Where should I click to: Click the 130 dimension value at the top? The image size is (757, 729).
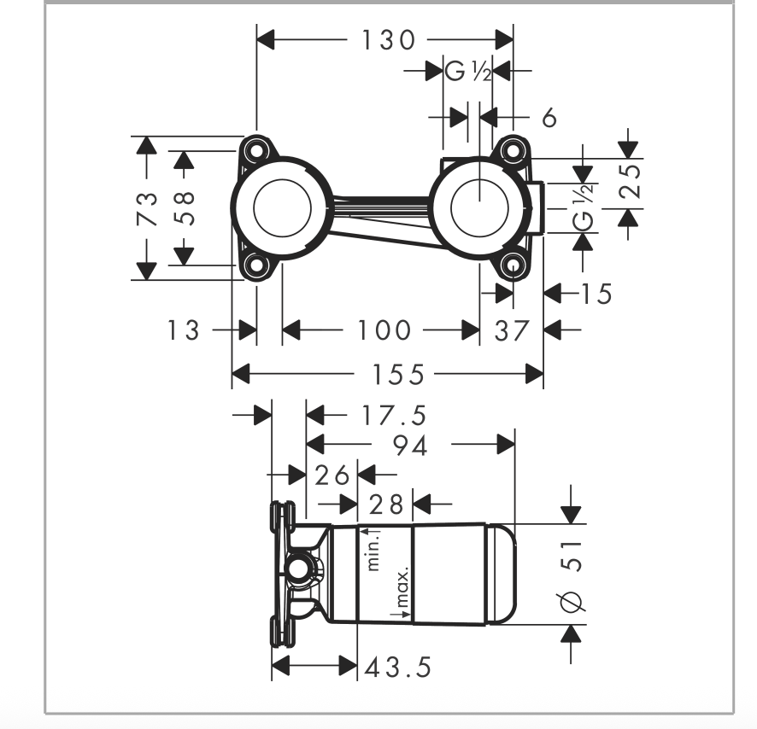(388, 40)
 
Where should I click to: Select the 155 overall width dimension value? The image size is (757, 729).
(399, 375)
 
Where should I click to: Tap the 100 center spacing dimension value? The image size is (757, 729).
(384, 331)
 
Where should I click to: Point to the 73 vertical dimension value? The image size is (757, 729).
(147, 208)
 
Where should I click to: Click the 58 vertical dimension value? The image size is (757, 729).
(184, 208)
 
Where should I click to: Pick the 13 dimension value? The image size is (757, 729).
(183, 331)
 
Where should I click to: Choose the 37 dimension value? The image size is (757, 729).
(512, 331)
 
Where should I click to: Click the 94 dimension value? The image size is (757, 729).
(410, 446)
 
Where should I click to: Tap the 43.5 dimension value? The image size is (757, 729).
(398, 668)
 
